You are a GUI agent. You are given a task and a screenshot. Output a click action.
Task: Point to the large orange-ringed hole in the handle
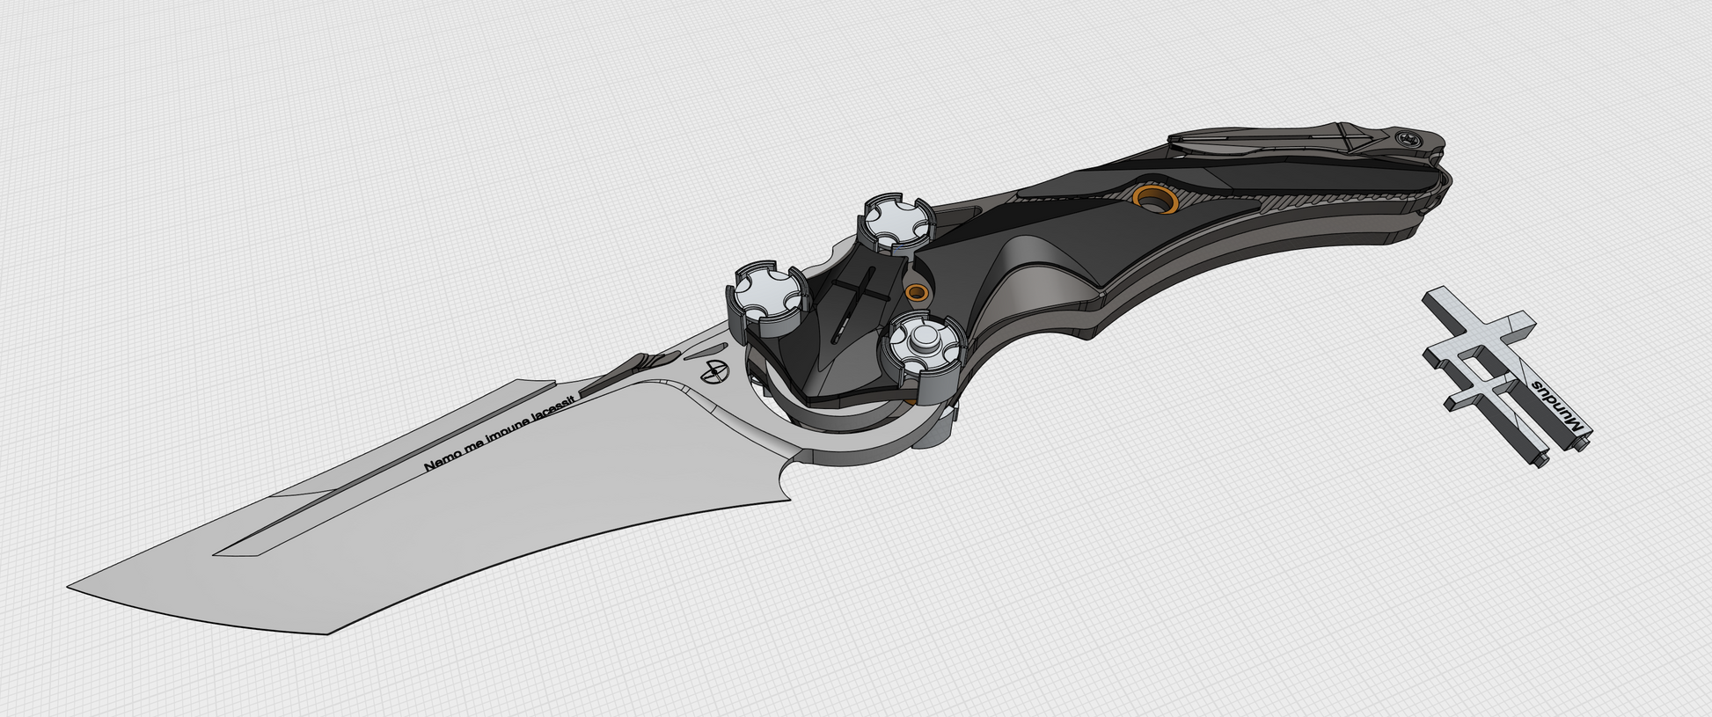(x=1155, y=199)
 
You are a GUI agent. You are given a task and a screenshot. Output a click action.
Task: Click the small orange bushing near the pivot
(x=917, y=291)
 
